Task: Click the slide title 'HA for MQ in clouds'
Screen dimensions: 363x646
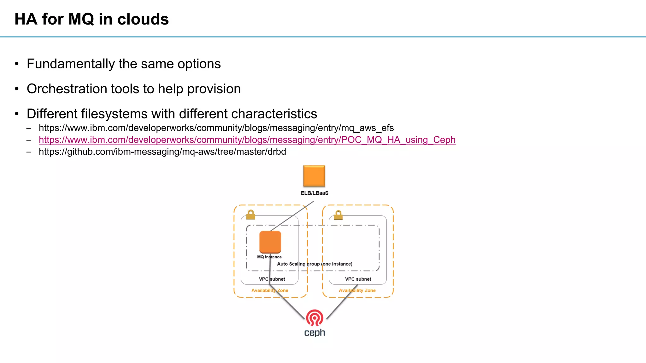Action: tap(91, 19)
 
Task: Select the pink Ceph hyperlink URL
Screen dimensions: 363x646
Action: tap(247, 140)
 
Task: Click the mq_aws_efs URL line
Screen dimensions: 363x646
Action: tap(216, 128)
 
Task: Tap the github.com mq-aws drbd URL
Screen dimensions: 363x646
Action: tap(162, 152)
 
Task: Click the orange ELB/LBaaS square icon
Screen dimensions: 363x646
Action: tap(314, 176)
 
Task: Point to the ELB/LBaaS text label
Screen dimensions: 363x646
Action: tap(314, 193)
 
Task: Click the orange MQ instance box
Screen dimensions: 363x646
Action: tap(270, 242)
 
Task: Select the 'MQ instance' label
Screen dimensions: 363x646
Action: tap(269, 257)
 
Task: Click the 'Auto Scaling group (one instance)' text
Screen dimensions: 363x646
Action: tap(314, 264)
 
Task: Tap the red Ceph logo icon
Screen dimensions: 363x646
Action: tap(314, 318)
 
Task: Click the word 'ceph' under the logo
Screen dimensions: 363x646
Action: tap(314, 333)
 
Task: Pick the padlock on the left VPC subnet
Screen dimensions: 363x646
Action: tap(251, 215)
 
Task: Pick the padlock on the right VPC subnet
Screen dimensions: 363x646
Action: tap(338, 215)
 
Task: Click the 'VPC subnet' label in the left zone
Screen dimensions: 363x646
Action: tap(272, 279)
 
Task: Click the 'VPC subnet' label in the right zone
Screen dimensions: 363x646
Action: tap(358, 279)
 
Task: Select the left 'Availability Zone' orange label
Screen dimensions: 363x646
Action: tap(270, 291)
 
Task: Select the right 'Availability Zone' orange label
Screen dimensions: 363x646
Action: tap(357, 291)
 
